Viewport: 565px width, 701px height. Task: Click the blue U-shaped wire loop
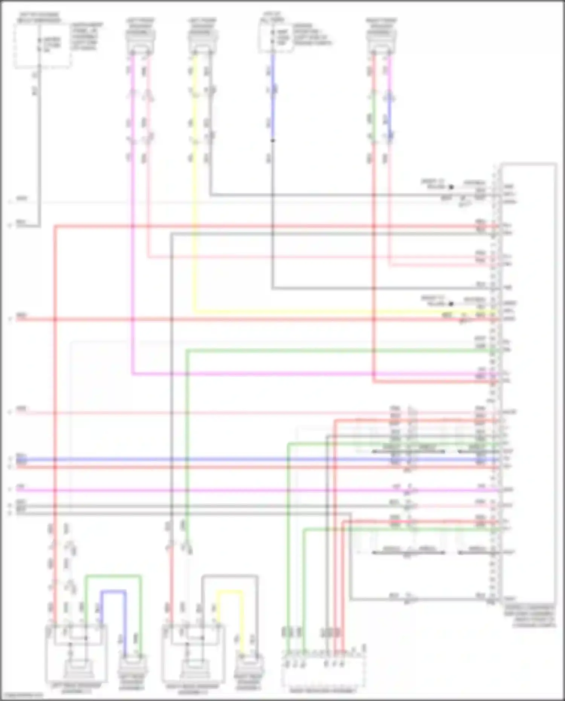(113, 592)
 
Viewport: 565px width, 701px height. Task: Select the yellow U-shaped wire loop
(229, 592)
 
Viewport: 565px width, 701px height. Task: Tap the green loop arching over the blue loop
(113, 576)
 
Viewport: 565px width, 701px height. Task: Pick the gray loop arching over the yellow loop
(230, 576)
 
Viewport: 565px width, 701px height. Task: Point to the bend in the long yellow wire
(195, 312)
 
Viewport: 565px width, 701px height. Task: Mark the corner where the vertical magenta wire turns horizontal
(133, 374)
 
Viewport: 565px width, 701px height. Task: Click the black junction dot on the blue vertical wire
(273, 141)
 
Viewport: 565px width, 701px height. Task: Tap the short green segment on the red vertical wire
(373, 117)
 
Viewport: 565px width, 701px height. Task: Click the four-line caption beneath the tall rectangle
(529, 616)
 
